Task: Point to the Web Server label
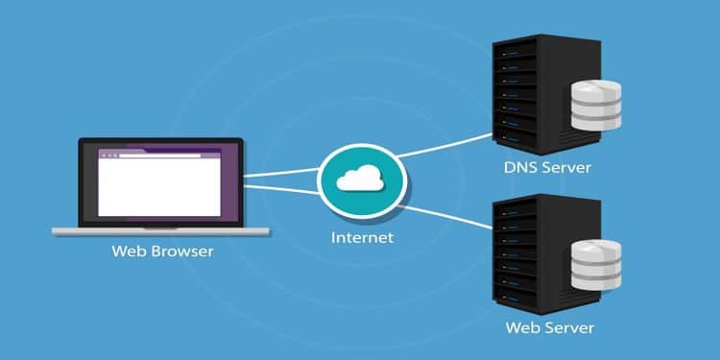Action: pyautogui.click(x=550, y=328)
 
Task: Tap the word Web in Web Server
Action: pyautogui.click(x=522, y=328)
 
